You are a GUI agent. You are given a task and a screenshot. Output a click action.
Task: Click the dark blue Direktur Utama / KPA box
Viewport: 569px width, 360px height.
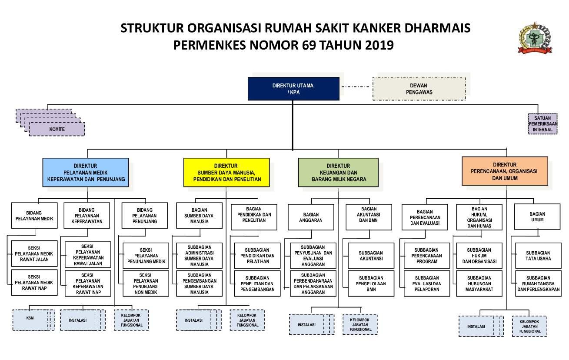(293, 89)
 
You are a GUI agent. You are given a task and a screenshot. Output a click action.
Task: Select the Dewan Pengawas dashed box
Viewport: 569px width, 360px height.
(419, 89)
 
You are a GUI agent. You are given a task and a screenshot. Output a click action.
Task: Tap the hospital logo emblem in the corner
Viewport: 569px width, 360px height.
(535, 38)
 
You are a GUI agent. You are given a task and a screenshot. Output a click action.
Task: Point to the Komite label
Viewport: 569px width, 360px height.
(57, 129)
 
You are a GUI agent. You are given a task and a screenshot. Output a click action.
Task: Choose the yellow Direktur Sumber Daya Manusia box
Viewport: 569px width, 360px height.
(226, 173)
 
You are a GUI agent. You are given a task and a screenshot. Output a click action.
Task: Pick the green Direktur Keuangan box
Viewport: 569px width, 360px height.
(338, 173)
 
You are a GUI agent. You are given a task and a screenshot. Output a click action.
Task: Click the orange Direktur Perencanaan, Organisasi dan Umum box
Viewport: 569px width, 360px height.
(504, 171)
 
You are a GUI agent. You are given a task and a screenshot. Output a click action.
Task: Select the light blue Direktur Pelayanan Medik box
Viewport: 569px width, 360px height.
(86, 173)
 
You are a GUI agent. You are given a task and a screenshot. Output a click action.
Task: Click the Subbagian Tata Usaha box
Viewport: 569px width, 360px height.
(538, 256)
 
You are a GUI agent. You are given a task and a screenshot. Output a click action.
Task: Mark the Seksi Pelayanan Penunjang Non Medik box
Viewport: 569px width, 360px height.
(145, 283)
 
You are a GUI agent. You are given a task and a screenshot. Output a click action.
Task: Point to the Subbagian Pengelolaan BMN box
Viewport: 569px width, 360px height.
(371, 283)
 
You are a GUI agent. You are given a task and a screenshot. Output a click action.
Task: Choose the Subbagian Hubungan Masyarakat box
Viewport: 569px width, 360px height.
(479, 283)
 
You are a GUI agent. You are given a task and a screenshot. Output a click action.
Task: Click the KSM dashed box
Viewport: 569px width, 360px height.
(30, 319)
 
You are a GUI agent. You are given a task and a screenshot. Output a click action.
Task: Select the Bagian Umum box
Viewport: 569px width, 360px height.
(537, 217)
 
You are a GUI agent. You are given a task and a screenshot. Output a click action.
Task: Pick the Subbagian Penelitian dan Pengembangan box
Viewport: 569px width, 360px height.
(257, 283)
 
